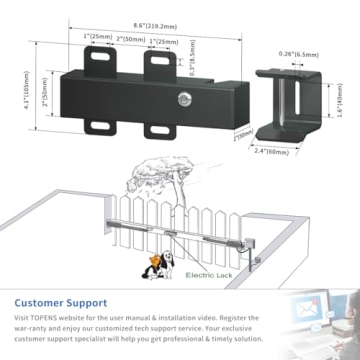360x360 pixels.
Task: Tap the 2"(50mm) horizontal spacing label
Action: (x=132, y=37)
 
